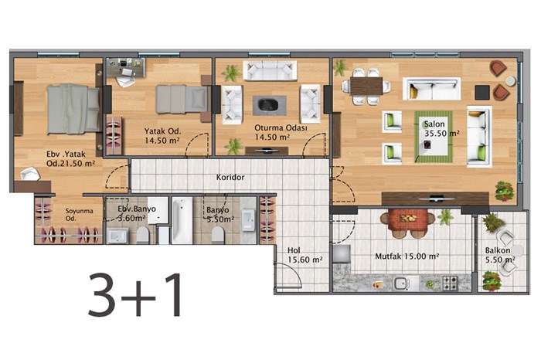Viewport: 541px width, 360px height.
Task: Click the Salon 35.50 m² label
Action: [441, 128]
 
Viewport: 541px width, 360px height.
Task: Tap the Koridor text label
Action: [230, 177]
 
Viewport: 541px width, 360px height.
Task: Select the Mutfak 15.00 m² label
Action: [407, 256]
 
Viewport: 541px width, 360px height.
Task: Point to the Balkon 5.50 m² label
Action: [500, 255]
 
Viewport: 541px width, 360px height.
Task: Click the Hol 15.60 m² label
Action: [305, 255]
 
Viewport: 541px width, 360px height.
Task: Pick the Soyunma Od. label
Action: [79, 215]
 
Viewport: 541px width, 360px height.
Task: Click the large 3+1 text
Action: [134, 294]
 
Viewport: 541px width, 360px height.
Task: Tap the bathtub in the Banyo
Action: [182, 221]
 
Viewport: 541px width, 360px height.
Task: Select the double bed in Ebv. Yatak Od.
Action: [73, 109]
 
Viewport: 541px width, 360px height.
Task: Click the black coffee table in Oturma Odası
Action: [269, 105]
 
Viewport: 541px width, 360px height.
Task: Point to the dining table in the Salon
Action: [366, 87]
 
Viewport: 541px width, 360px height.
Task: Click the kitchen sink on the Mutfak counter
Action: [401, 284]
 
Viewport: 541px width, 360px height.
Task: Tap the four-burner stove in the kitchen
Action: [450, 283]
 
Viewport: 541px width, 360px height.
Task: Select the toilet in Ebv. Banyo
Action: [142, 235]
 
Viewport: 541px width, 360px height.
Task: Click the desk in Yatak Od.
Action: [125, 67]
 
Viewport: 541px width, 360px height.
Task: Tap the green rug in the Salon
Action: [434, 137]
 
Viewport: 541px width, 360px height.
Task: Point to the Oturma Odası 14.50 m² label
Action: [281, 132]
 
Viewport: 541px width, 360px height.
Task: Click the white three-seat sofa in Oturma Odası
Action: [270, 71]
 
